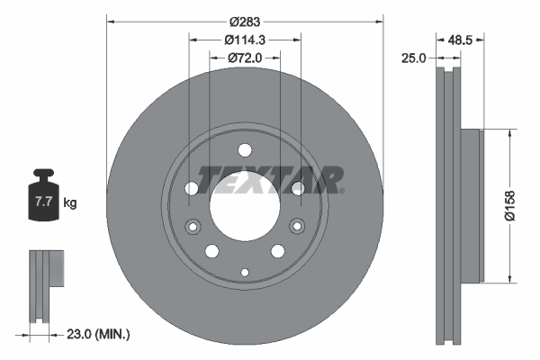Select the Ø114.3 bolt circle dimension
point(245,40)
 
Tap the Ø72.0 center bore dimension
point(245,58)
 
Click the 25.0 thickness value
point(414,58)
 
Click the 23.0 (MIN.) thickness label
point(100,334)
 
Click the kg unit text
point(70,203)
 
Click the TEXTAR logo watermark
point(270,179)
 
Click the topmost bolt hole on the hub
point(245,150)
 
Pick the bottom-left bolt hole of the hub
point(211,251)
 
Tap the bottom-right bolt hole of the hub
point(278,251)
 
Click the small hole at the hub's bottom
point(245,270)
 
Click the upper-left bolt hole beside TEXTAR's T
point(192,188)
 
